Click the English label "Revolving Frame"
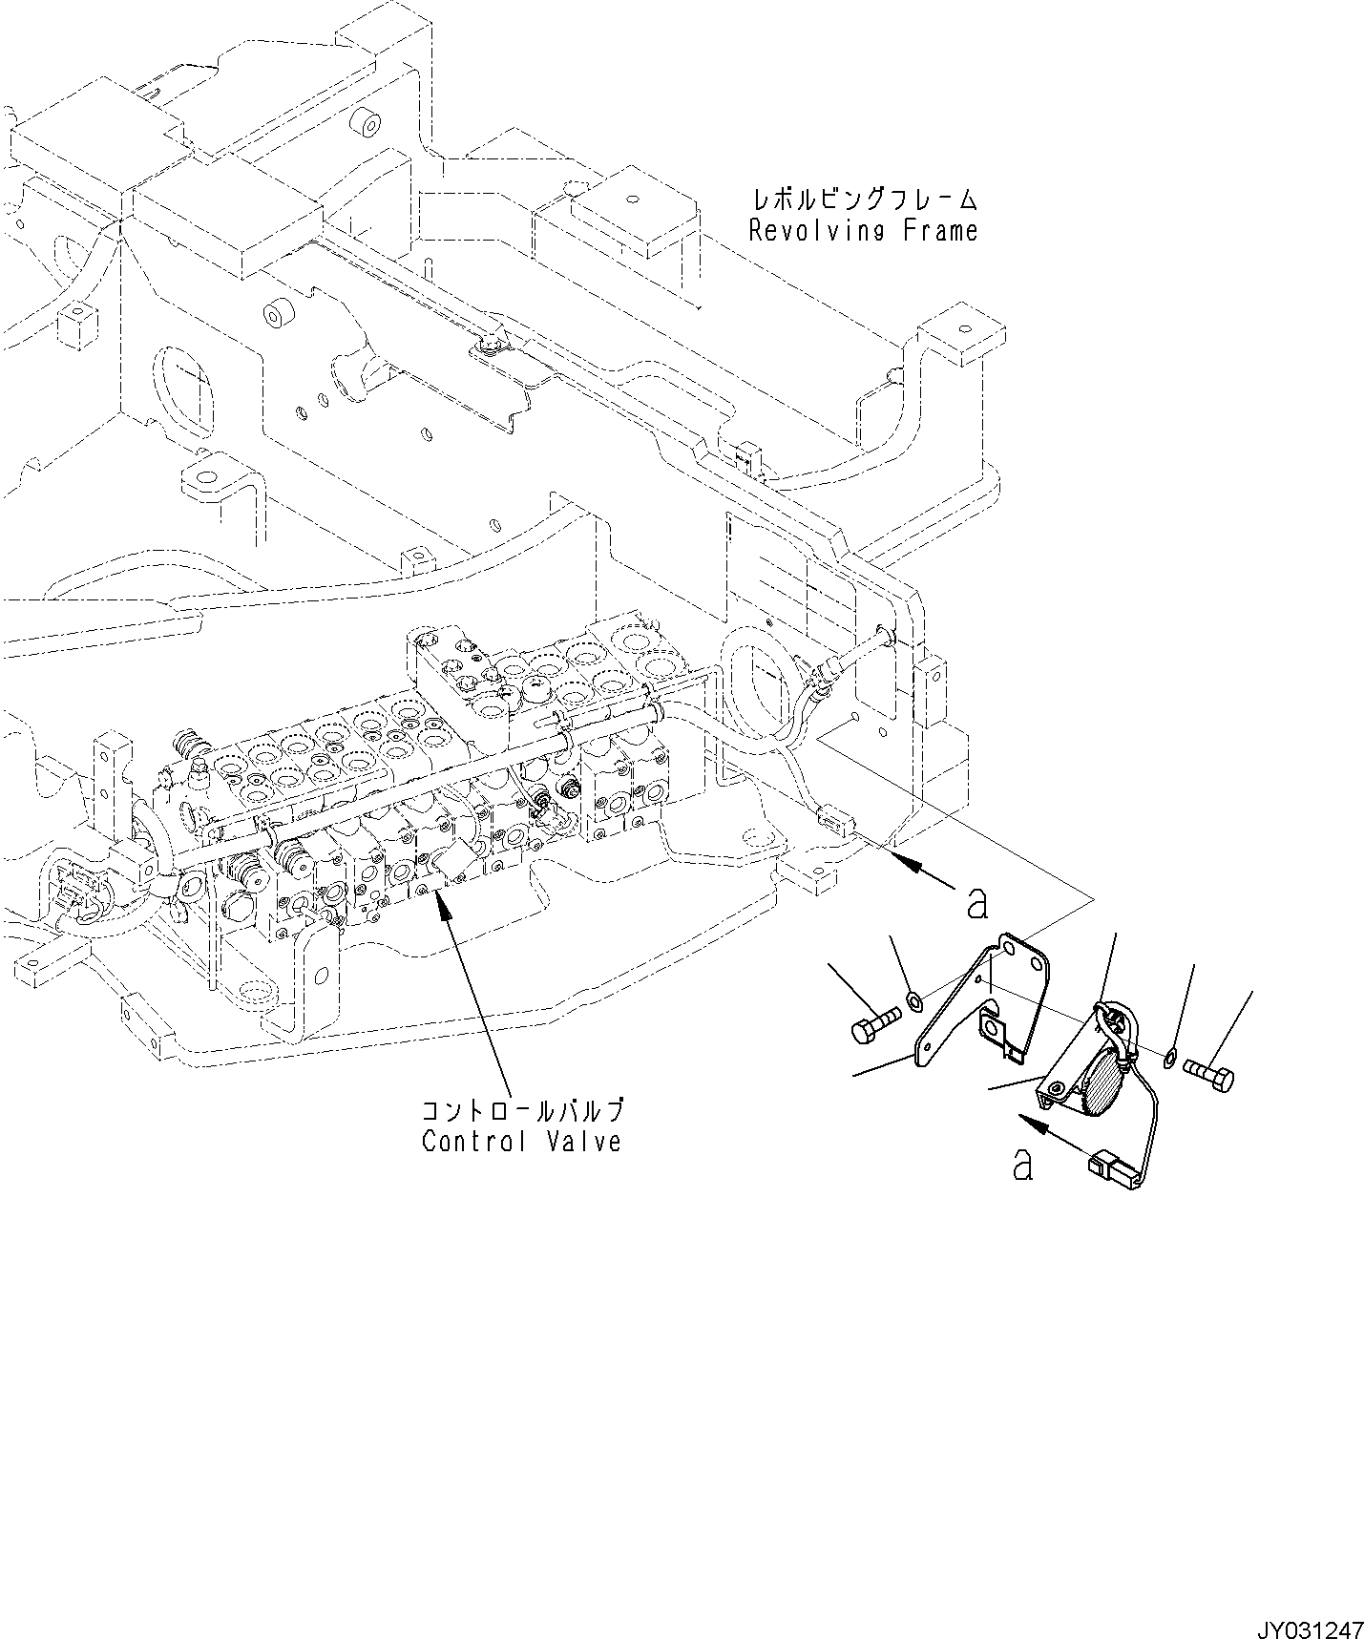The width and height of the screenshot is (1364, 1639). coord(863,232)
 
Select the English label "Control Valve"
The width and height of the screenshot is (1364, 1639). coord(521,1141)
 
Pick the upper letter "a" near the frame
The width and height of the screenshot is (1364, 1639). coord(976,903)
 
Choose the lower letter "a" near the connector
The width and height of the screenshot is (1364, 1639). coord(1022,1164)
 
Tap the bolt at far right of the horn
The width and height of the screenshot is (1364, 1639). coord(1208,1075)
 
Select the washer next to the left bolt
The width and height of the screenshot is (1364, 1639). coord(914,1000)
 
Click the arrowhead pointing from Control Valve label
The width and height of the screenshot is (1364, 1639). coord(440,903)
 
